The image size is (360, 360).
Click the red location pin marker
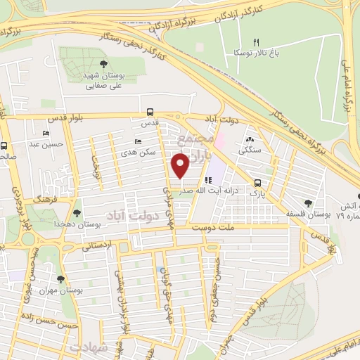point(181,166)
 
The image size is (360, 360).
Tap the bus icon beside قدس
point(150,112)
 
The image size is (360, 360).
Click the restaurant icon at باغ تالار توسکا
point(256,42)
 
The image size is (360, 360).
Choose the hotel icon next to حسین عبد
point(46,134)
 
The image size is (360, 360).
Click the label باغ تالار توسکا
point(256,53)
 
